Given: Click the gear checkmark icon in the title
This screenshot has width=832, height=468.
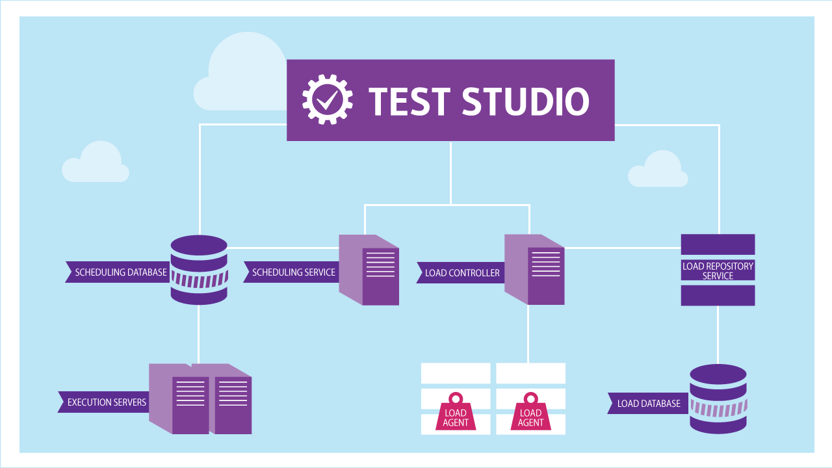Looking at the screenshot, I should click(x=328, y=99).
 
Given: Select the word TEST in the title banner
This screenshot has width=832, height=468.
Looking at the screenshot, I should click(x=409, y=101).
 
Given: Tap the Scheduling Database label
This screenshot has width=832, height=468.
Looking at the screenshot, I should click(x=120, y=272).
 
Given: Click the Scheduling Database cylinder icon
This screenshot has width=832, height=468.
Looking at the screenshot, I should click(x=199, y=270).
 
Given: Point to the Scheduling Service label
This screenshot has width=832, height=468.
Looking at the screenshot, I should click(x=292, y=272).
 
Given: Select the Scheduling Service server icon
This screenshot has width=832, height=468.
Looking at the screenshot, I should click(x=369, y=270).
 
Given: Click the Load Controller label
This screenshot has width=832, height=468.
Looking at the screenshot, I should click(x=461, y=273).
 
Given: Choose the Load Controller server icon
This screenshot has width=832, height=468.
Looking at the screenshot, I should click(x=535, y=270).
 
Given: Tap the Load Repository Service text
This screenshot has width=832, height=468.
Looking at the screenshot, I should click(x=718, y=270).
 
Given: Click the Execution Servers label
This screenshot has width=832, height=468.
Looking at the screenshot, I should click(x=105, y=402).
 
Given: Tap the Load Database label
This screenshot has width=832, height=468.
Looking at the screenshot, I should click(x=647, y=404).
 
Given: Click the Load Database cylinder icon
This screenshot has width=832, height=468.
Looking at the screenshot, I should click(x=718, y=398).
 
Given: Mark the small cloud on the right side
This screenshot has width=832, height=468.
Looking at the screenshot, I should click(x=658, y=170).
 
